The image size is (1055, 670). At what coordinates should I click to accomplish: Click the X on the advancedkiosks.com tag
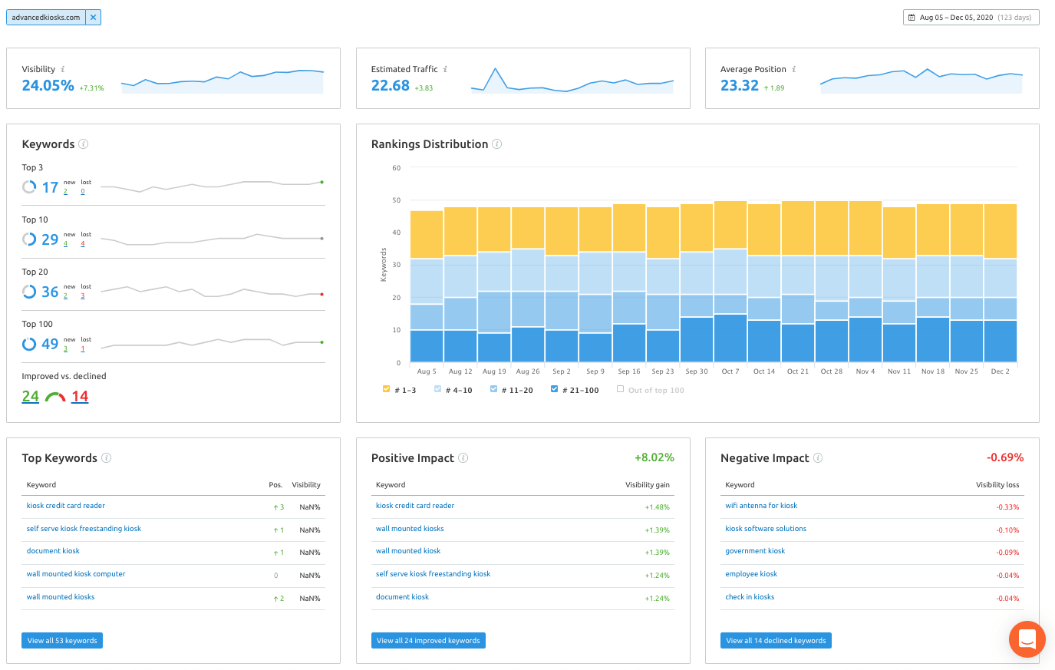coord(94,18)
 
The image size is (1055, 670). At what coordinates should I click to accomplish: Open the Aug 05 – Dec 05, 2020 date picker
coord(971,18)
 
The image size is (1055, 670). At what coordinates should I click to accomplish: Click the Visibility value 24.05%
coord(48,85)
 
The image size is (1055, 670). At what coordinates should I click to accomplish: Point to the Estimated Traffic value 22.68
coord(391,85)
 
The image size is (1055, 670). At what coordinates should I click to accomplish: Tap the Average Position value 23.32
coord(740,85)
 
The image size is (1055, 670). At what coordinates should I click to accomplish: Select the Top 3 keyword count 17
coord(50,187)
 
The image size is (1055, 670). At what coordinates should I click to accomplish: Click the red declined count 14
coord(80,396)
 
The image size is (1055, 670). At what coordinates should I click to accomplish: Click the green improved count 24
coord(30,396)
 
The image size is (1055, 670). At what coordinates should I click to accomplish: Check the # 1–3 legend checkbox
coord(386,389)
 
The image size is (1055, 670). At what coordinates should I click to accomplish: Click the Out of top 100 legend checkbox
coord(620,389)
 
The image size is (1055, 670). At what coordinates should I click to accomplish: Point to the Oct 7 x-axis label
coord(730,371)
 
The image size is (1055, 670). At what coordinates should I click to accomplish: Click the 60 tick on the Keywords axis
coord(396,168)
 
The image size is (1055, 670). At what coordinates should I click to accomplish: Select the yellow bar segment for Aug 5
coord(427,235)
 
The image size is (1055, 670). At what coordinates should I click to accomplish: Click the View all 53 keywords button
coord(62,640)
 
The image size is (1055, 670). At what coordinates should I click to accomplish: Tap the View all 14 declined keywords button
coord(776,640)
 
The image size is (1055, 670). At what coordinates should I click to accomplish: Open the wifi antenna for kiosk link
coord(761,506)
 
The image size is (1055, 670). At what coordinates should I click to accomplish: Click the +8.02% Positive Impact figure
coord(654,457)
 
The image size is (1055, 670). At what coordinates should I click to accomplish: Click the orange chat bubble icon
coord(1027,639)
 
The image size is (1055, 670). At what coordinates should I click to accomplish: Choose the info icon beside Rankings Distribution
coord(497,144)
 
